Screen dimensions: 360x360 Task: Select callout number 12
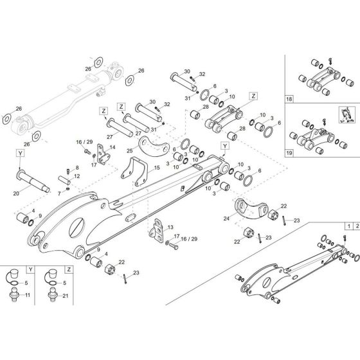click(x=77, y=176)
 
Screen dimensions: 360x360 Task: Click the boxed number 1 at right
click(x=348, y=227)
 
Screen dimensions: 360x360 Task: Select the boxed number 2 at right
click(x=355, y=227)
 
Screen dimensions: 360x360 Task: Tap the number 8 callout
click(x=76, y=166)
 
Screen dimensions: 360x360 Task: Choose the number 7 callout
click(x=59, y=192)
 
